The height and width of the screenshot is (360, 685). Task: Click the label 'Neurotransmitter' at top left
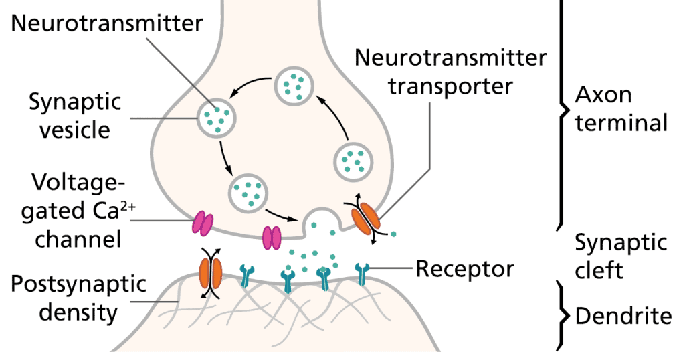point(107,24)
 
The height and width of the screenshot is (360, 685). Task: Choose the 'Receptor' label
point(464,269)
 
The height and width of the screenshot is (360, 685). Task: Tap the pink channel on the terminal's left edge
point(203,223)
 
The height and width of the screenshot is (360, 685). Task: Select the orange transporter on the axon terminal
point(364,217)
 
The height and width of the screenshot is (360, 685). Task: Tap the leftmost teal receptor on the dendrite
point(248,275)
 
